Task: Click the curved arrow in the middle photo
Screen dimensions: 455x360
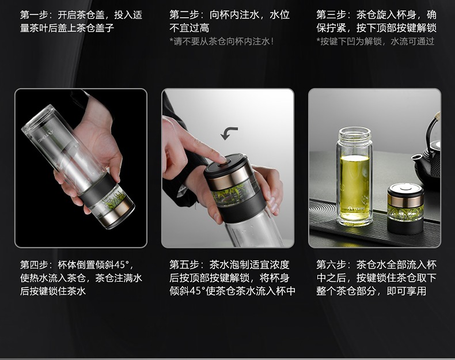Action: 229,133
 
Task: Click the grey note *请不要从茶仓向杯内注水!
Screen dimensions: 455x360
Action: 222,41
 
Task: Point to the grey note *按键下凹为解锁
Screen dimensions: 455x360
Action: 349,41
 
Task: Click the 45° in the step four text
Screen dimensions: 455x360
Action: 122,264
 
